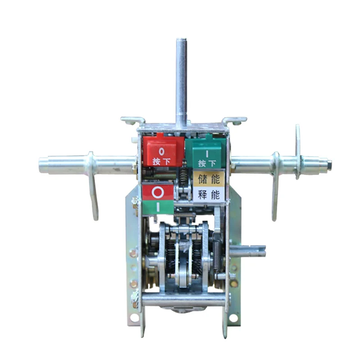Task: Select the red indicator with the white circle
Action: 158,193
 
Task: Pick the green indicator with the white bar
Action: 158,207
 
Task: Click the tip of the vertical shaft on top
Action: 181,40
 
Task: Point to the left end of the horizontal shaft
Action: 40,165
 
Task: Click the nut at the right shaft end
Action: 329,164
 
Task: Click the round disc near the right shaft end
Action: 297,152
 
